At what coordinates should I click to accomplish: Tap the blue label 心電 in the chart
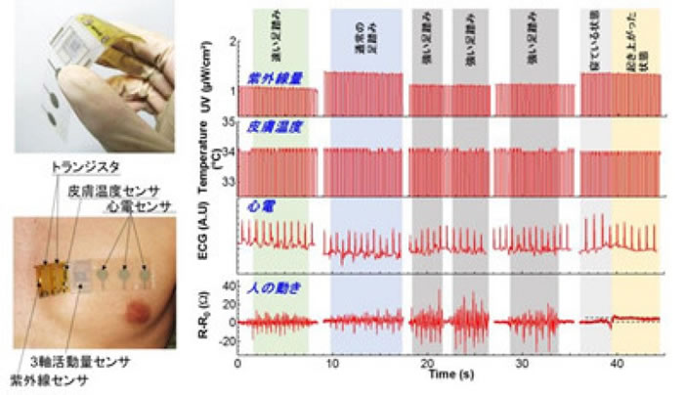click(x=259, y=207)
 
